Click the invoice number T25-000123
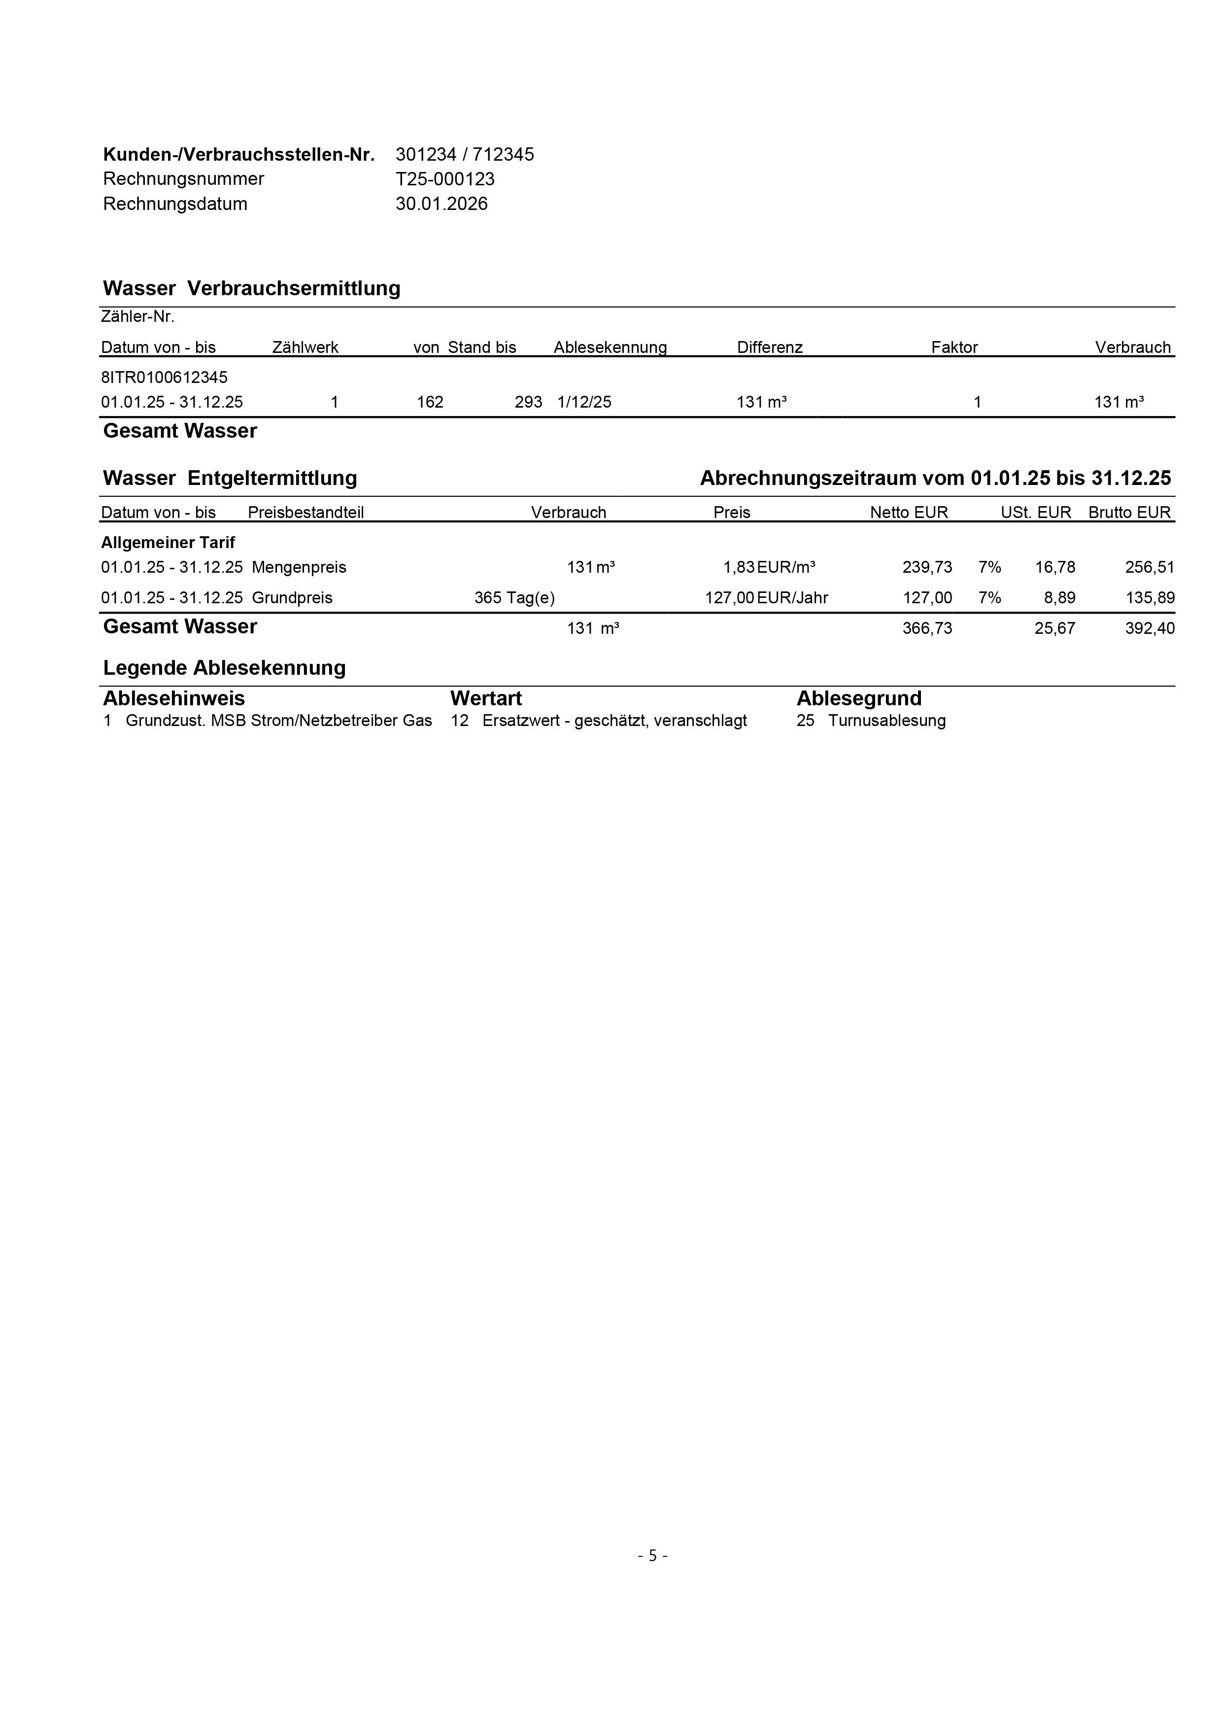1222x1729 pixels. tap(445, 179)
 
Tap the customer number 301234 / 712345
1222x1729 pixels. tap(465, 154)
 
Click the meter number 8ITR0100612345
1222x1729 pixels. tap(164, 377)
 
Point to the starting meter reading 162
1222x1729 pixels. tap(430, 402)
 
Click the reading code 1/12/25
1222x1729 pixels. tap(584, 402)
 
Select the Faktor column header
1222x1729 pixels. tap(954, 347)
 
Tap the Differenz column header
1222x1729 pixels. tap(770, 347)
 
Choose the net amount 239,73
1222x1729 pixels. tap(927, 567)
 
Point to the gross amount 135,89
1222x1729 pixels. tap(1149, 598)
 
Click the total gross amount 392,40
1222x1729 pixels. tap(1149, 628)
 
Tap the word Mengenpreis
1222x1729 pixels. tap(299, 567)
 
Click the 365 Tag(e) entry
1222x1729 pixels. tap(514, 598)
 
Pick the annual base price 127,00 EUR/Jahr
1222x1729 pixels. tap(766, 598)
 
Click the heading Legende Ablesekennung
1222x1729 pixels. tap(224, 668)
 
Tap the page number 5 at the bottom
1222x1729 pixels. tap(653, 1555)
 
